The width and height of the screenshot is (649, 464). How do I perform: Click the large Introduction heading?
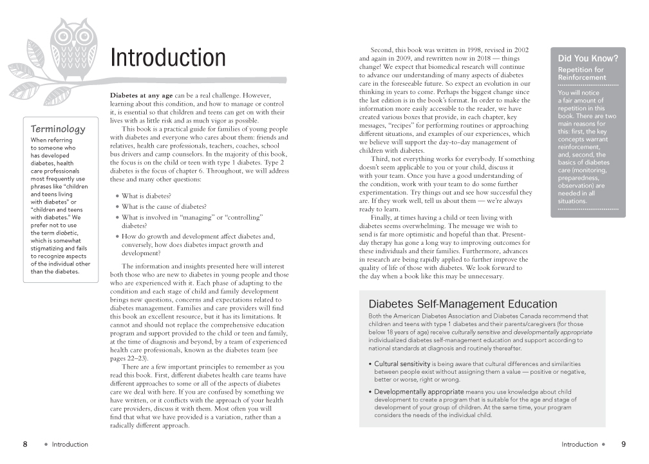pyautogui.click(x=168, y=58)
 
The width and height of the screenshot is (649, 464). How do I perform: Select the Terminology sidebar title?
pyautogui.click(x=58, y=129)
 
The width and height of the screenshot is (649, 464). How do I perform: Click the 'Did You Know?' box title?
pyautogui.click(x=588, y=59)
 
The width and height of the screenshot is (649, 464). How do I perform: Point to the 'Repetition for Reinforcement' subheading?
pyautogui.click(x=581, y=73)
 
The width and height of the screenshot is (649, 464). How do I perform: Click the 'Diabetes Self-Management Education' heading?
pyautogui.click(x=462, y=304)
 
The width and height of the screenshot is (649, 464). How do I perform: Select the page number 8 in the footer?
pyautogui.click(x=25, y=444)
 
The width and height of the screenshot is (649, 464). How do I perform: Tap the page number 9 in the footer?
pyautogui.click(x=623, y=444)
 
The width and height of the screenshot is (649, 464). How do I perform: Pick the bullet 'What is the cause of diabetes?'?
pyautogui.click(x=164, y=207)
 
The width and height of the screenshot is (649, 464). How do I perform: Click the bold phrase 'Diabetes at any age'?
pyautogui.click(x=141, y=95)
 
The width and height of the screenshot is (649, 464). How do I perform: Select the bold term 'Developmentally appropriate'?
pyautogui.click(x=419, y=391)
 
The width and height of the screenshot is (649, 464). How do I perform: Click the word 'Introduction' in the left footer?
pyautogui.click(x=70, y=444)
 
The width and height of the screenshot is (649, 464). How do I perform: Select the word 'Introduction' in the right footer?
pyautogui.click(x=579, y=444)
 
